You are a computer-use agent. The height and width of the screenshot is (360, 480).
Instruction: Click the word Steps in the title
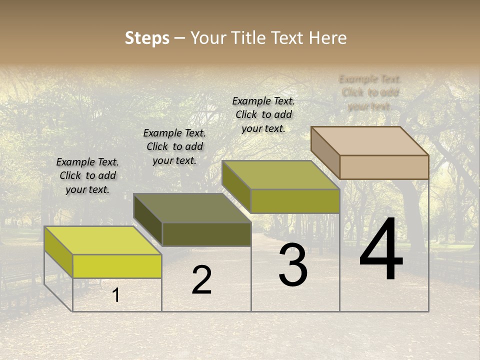pyautogui.click(x=146, y=38)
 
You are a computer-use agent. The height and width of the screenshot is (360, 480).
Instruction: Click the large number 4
pyautogui.click(x=381, y=250)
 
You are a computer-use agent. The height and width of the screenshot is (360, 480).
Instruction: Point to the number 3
pyautogui.click(x=293, y=265)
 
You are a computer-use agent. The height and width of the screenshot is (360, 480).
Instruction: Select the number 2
pyautogui.click(x=201, y=280)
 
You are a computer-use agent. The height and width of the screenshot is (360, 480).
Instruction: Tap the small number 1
pyautogui.click(x=116, y=295)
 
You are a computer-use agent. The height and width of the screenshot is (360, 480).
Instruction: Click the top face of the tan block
pyautogui.click(x=370, y=140)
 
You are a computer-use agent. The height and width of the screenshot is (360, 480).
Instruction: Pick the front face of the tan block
pyautogui.click(x=384, y=167)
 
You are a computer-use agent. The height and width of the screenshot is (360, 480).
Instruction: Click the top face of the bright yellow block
pyautogui.click(x=103, y=240)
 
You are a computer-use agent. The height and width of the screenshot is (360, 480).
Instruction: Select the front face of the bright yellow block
pyautogui.click(x=117, y=266)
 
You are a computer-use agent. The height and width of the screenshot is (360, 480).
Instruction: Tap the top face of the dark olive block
pyautogui.click(x=192, y=208)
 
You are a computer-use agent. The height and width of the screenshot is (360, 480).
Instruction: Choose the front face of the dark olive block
pyautogui.click(x=206, y=234)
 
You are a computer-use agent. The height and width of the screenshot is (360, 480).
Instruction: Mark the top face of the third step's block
pyautogui.click(x=281, y=175)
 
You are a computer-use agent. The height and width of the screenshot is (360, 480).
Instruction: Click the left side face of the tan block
pyautogui.click(x=325, y=152)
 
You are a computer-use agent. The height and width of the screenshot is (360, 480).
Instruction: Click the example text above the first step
pyautogui.click(x=87, y=175)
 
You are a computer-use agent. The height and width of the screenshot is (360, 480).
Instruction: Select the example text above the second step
pyautogui.click(x=174, y=146)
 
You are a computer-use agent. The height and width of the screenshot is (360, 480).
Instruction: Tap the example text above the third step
pyautogui.click(x=263, y=114)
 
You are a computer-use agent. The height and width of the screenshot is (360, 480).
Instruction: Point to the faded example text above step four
pyautogui.click(x=370, y=92)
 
